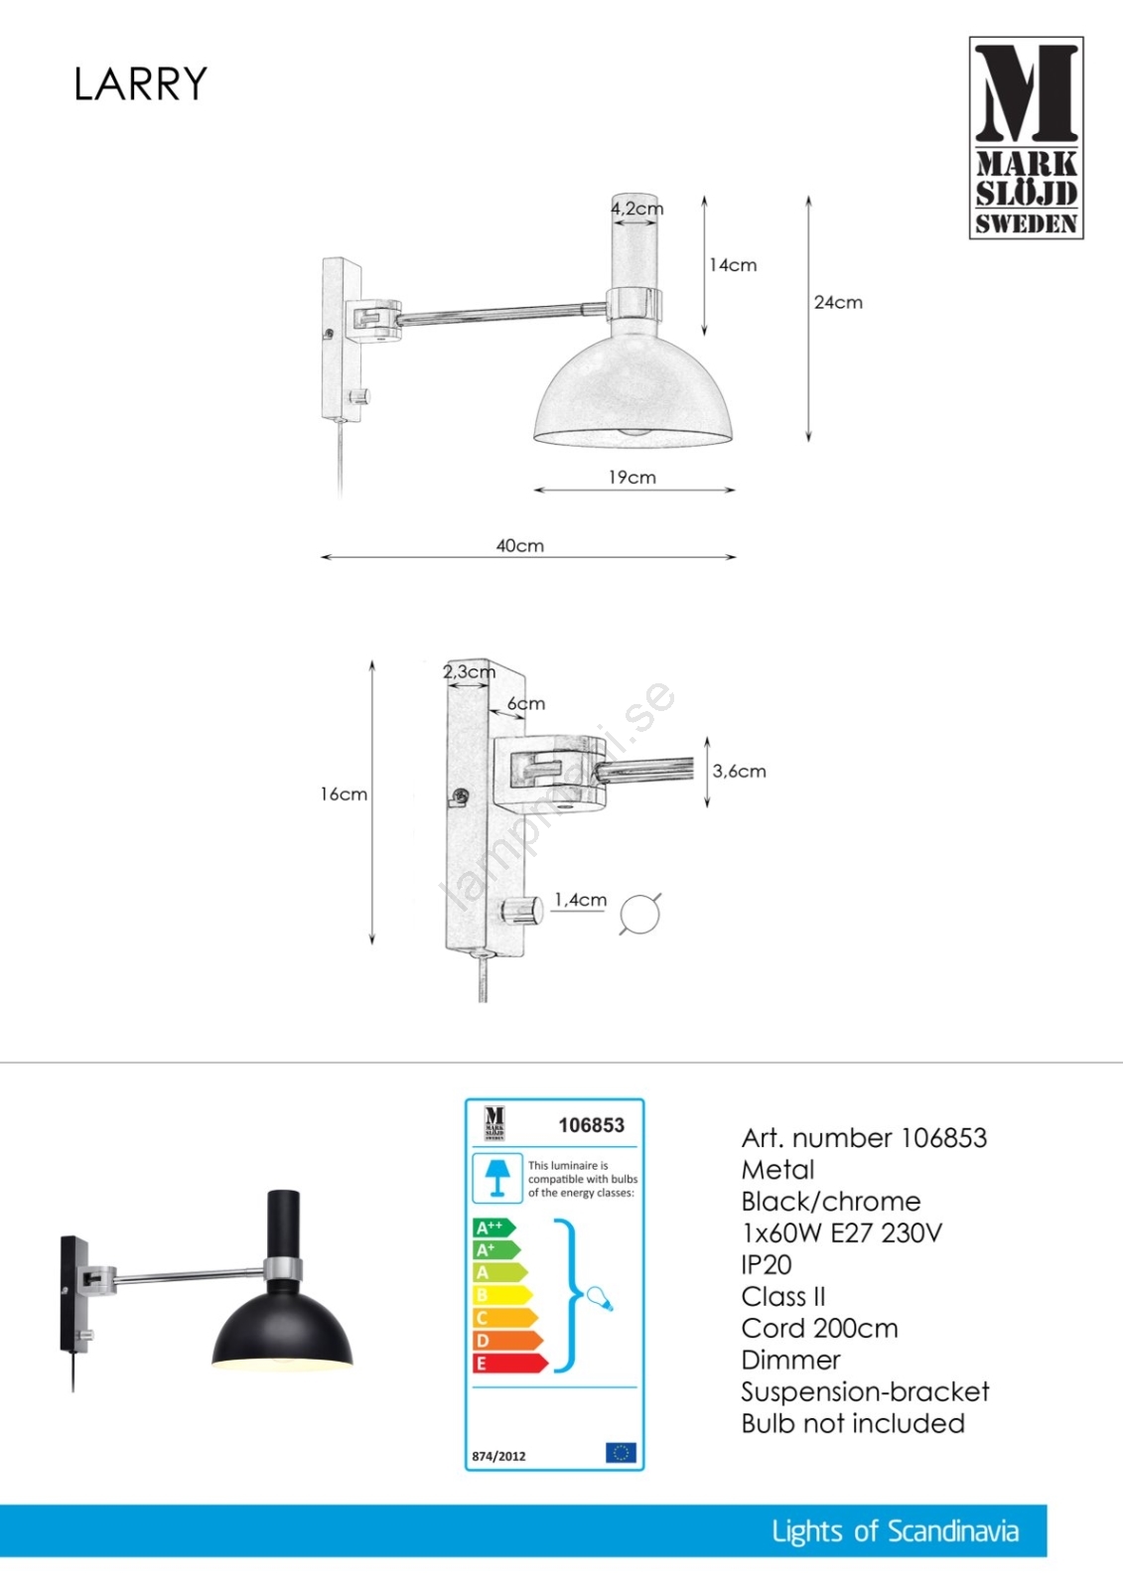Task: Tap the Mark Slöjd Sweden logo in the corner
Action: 1026,138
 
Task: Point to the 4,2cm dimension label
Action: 637,209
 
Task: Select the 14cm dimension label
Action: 733,265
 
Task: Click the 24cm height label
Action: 838,303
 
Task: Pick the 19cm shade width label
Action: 632,478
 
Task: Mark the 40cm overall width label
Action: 520,545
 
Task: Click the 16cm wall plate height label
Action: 344,794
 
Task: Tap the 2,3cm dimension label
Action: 469,671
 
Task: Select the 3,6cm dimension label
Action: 739,771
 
